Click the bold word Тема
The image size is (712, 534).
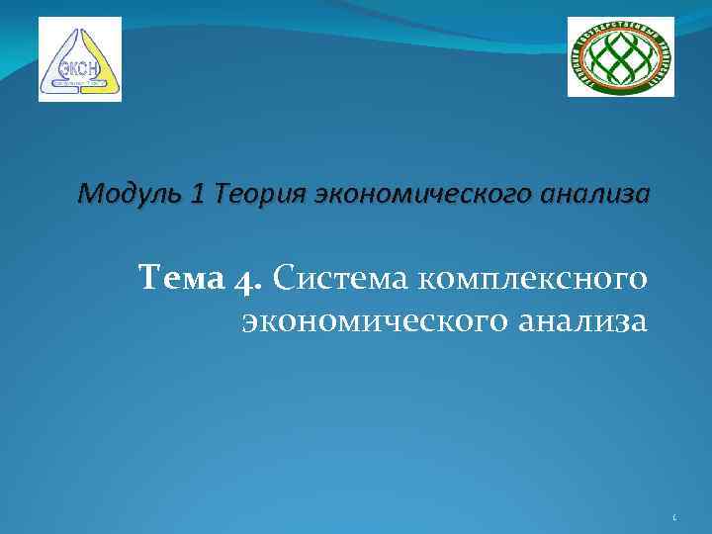pyautogui.click(x=182, y=280)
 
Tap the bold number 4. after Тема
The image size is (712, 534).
pyautogui.click(x=248, y=281)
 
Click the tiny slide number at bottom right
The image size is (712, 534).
pyautogui.click(x=673, y=516)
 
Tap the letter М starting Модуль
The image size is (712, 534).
pyautogui.click(x=88, y=195)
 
